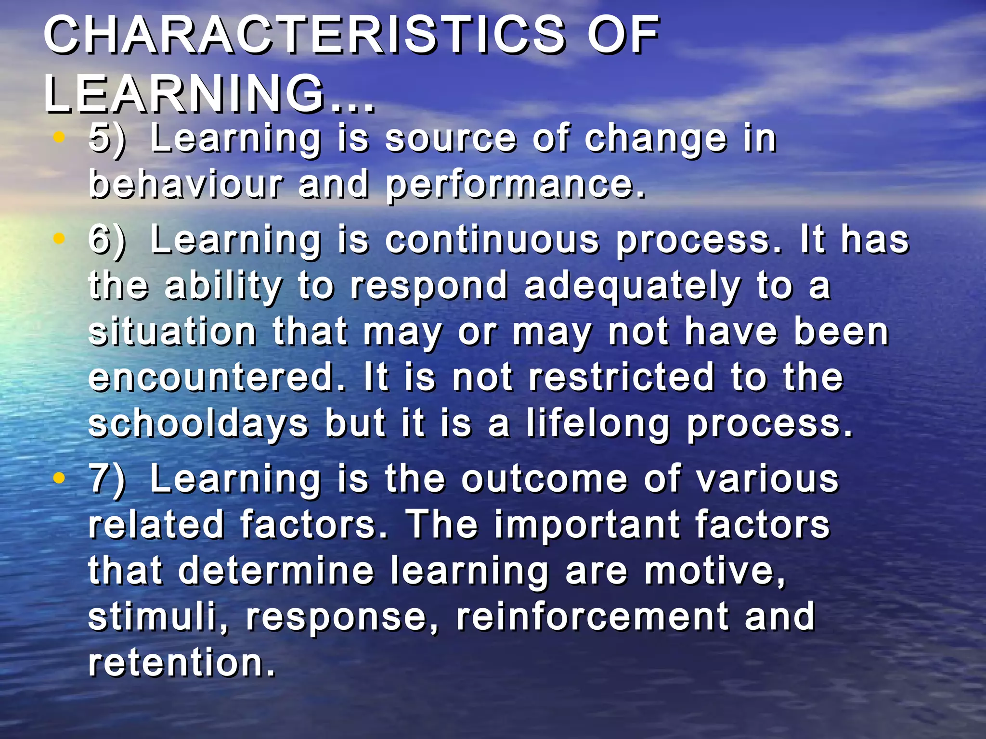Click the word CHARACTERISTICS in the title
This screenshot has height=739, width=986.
click(304, 35)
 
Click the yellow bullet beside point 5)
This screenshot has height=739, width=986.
click(59, 138)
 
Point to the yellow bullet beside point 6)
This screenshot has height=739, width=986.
click(59, 239)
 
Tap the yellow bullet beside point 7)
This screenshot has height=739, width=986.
click(59, 478)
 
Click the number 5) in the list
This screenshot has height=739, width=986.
click(107, 140)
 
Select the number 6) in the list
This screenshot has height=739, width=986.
click(107, 240)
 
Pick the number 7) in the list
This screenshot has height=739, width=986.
click(107, 480)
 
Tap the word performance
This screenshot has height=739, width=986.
click(514, 185)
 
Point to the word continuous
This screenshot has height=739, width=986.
click(492, 240)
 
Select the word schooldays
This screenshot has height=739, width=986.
click(198, 424)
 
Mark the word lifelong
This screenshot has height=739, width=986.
click(597, 424)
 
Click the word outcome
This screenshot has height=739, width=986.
click(545, 479)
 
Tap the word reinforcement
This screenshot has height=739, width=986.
click(593, 616)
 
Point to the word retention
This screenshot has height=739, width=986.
click(181, 663)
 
